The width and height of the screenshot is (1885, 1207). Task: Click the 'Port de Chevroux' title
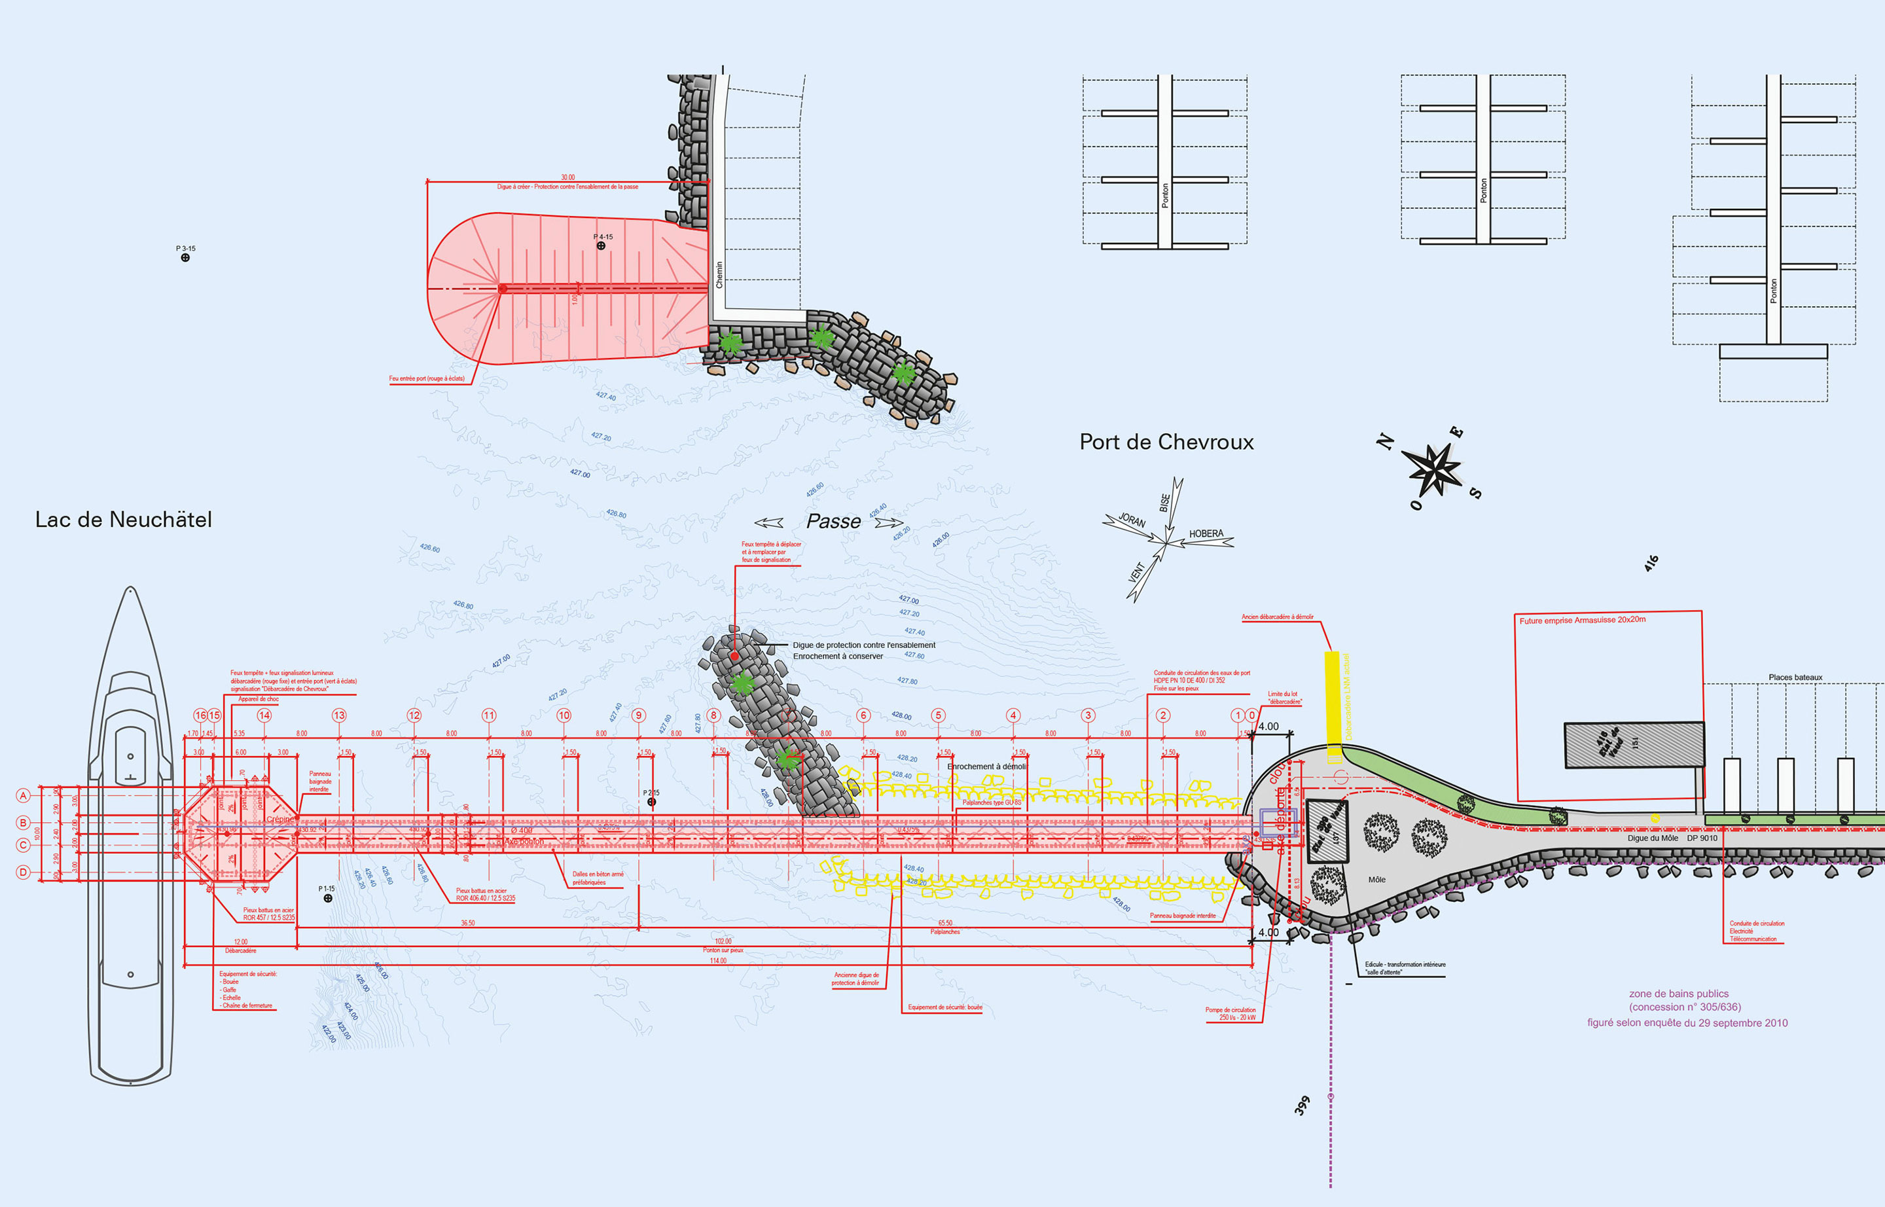point(1166,442)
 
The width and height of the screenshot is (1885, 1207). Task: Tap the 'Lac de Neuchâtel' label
point(123,520)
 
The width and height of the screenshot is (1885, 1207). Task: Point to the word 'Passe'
point(833,521)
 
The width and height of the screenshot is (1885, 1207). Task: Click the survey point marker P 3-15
point(185,258)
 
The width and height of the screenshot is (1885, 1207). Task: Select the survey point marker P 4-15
point(601,245)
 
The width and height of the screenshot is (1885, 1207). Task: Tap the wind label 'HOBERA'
point(1206,533)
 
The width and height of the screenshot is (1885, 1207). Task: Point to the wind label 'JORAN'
point(1132,520)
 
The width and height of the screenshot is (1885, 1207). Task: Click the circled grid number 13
point(338,715)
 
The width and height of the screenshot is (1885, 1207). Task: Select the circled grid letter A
point(24,795)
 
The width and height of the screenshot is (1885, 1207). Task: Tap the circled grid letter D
point(24,872)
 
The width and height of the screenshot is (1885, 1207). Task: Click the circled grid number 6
point(863,715)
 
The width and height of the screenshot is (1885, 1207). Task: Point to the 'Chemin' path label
point(719,274)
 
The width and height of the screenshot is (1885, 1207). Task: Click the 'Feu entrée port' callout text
point(426,378)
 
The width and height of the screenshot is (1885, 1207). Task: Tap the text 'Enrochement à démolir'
point(986,766)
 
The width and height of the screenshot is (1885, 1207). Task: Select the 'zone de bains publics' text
point(1678,994)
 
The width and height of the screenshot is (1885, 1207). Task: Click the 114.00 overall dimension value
point(718,961)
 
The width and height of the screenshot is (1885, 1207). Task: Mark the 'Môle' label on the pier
point(1376,879)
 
